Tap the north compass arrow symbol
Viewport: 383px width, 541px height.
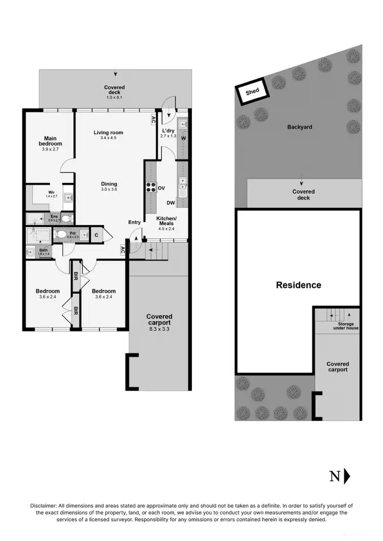point(347,476)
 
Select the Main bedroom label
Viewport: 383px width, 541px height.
point(50,141)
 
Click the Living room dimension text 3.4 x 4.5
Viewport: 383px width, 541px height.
point(108,138)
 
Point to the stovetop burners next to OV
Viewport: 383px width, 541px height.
point(151,187)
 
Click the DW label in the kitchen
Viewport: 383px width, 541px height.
point(171,203)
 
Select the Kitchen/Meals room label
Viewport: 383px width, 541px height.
point(165,220)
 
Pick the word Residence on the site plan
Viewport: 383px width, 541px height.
point(299,285)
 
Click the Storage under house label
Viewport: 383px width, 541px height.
point(346,326)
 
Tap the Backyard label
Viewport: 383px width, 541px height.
point(300,127)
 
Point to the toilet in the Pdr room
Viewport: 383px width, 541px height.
point(61,235)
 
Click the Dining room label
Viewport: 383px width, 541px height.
point(109,184)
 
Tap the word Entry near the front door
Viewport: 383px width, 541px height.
point(134,222)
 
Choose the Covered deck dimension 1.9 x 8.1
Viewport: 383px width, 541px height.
point(114,97)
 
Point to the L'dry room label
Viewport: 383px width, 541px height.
point(168,130)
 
